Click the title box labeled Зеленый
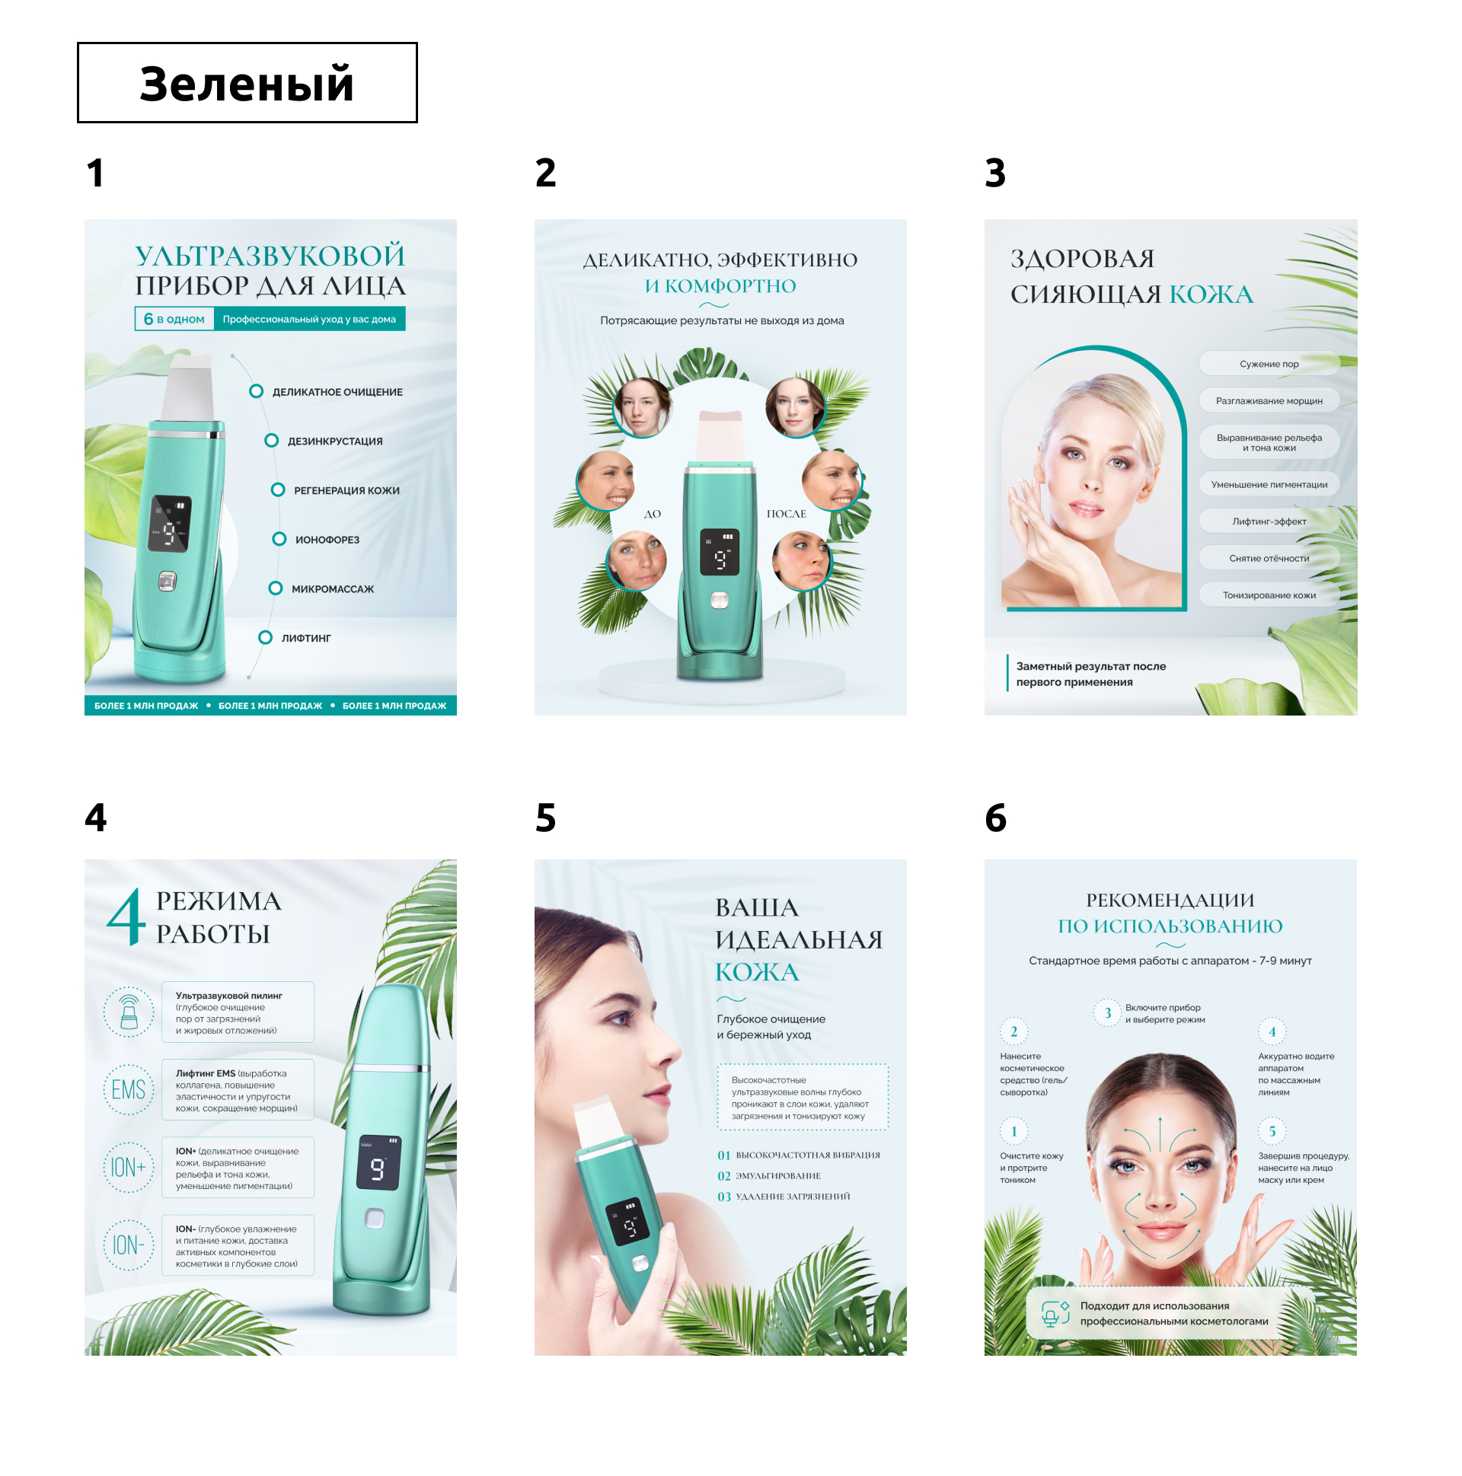coord(247,82)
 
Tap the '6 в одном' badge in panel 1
coord(174,320)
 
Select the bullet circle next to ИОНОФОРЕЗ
coord(279,540)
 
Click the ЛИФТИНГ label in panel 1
coord(305,639)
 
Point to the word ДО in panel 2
coord(652,514)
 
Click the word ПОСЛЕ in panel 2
coord(787,514)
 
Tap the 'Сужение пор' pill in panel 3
coord(1269,364)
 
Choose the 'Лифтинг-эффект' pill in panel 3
coord(1269,521)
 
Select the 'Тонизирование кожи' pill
coord(1269,595)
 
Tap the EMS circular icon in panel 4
coord(129,1090)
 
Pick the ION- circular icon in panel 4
coord(129,1246)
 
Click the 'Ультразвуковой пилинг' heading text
coord(228,996)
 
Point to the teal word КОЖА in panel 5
coord(757,973)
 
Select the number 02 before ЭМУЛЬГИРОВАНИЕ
coord(723,1177)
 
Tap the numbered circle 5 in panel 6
coord(1272,1131)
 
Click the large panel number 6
coord(995,818)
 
